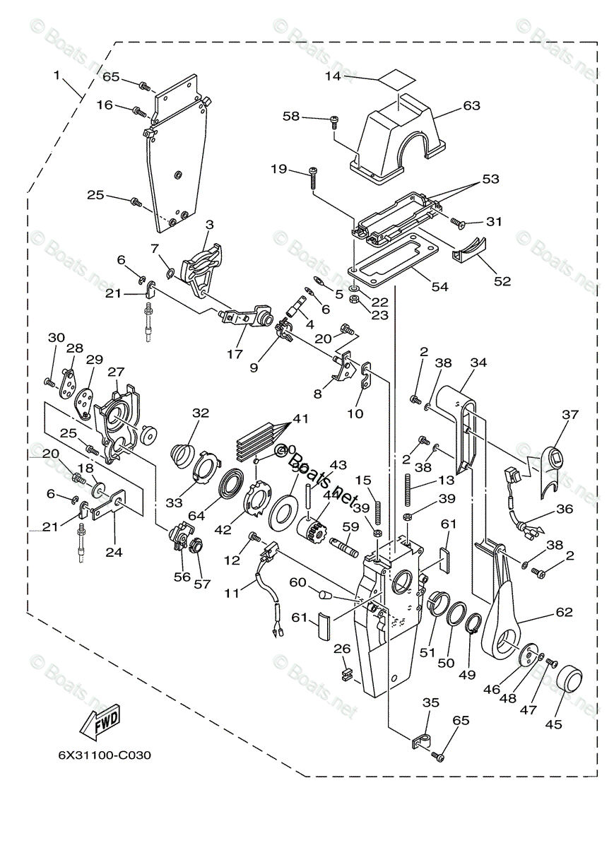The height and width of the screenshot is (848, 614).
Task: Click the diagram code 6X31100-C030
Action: point(105,755)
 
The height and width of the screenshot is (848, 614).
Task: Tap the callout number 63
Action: point(471,105)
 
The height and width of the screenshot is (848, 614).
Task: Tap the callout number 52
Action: point(502,281)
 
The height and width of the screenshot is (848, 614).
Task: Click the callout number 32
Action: point(201,413)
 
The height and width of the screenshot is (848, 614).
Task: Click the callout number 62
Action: point(564,612)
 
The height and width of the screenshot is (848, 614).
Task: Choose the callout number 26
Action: point(342,648)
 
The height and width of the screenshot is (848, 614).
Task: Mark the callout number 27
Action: point(116,371)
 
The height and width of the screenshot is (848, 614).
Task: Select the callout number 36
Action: point(564,508)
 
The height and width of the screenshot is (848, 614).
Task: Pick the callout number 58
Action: point(292,116)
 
